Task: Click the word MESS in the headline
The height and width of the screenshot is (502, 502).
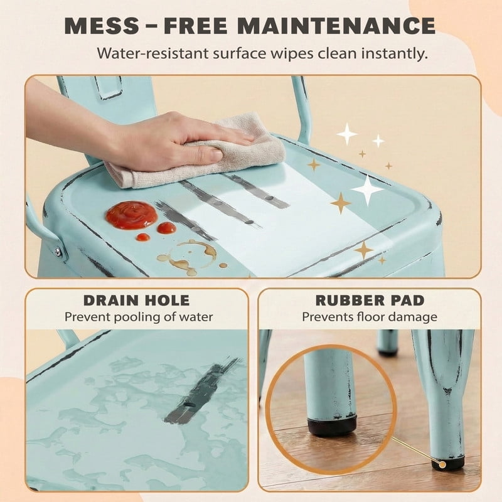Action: (102, 26)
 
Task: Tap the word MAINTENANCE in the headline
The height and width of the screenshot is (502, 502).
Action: (336, 26)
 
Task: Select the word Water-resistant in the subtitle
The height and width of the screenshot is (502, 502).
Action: (153, 53)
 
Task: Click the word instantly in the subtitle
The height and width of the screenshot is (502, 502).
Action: (395, 53)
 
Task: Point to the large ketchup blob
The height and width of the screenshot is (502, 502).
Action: (132, 214)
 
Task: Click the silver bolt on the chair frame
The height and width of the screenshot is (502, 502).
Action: (58, 252)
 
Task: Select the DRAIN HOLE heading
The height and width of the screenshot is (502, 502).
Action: (137, 301)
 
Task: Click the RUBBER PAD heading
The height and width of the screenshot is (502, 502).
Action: (370, 301)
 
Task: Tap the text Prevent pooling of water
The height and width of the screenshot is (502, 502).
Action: (139, 318)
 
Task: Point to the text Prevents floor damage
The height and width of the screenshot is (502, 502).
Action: (370, 317)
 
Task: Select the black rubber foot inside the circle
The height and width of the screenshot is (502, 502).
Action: (332, 426)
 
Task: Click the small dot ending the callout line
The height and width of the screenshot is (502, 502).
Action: (442, 464)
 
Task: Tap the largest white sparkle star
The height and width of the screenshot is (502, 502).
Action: (368, 190)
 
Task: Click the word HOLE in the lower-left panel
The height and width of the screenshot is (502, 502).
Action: (168, 301)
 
